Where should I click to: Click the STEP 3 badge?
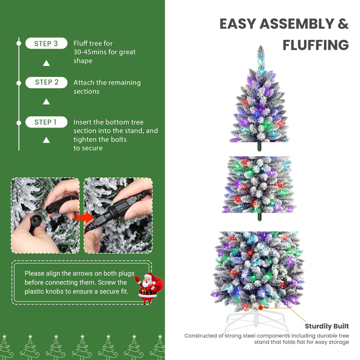click(x=46, y=44)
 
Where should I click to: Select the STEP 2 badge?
click(x=46, y=83)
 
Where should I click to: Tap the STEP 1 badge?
click(x=46, y=122)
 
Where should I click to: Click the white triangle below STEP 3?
click(x=46, y=63)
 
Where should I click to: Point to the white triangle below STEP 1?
click(x=46, y=140)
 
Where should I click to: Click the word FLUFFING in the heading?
click(x=315, y=45)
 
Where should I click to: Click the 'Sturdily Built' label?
click(x=327, y=326)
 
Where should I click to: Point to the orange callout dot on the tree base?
click(x=261, y=308)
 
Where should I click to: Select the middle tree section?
click(x=259, y=185)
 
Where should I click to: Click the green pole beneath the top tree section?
click(x=259, y=147)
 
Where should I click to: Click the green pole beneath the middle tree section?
click(x=259, y=217)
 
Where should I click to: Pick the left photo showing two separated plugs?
click(x=45, y=216)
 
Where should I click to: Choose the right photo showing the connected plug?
click(x=118, y=216)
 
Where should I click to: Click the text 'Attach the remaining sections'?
click(x=107, y=87)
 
